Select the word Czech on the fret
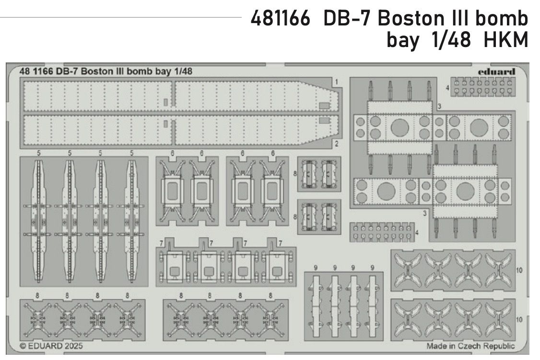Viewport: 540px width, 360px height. pyautogui.click(x=471, y=346)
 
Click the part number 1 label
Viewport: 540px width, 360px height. pyautogui.click(x=337, y=82)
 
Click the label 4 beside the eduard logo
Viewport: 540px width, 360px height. pyautogui.click(x=447, y=88)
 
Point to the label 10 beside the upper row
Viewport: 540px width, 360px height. pyautogui.click(x=520, y=271)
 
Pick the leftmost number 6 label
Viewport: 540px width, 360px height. pyautogui.click(x=172, y=153)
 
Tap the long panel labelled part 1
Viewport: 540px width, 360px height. pyautogui.click(x=177, y=97)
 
